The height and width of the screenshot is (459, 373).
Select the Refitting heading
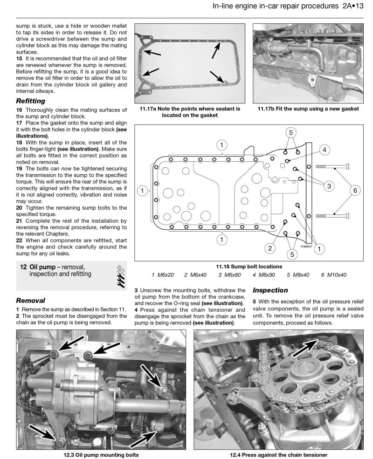click(30, 101)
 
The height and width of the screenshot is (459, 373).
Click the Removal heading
click(31, 301)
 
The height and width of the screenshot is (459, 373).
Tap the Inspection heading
click(270, 290)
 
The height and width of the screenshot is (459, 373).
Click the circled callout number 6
click(355, 190)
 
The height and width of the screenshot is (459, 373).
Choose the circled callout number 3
click(329, 185)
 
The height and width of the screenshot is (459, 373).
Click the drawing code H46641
click(306, 247)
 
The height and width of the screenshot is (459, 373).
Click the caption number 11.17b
click(267, 109)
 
